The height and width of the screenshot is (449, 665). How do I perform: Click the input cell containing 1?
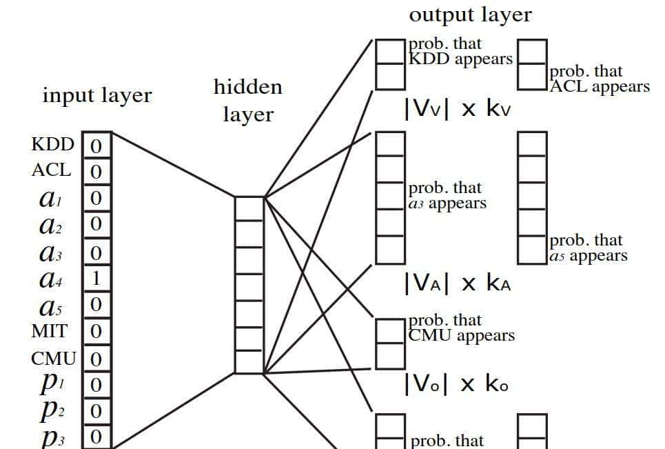point(96,279)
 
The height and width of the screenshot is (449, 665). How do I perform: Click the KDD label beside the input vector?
point(52,145)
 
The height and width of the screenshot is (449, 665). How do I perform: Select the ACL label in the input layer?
point(51,170)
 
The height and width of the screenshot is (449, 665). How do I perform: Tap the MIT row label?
point(50,331)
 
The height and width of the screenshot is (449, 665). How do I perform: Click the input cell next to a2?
point(96,224)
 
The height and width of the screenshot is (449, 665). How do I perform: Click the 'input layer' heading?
point(96,95)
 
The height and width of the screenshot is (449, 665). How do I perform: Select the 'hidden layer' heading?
point(247,101)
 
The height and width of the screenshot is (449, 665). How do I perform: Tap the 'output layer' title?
point(470,14)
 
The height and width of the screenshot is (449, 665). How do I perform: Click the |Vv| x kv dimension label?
point(458,110)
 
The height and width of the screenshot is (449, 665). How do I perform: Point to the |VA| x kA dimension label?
point(458,283)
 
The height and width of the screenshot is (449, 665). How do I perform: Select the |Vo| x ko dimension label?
point(456,383)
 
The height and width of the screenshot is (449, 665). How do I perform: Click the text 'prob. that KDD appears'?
point(460,52)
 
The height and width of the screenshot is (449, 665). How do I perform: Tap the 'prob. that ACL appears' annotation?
point(599,79)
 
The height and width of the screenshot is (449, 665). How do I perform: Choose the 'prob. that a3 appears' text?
point(447,196)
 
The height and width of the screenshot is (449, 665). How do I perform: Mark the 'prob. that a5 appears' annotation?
point(588,248)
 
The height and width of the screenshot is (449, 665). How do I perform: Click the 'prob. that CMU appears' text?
point(461,328)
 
